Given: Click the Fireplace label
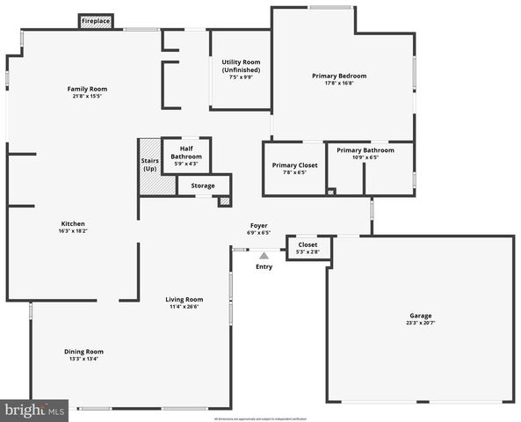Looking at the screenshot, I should pos(97,19).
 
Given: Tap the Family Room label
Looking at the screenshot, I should pos(87,89).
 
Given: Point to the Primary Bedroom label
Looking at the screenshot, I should pos(339,76).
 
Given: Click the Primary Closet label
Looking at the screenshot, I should pos(295,165).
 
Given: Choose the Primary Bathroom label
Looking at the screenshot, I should pos(365,150).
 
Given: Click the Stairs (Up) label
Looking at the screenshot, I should pos(149,164).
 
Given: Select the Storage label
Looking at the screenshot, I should pos(203,186).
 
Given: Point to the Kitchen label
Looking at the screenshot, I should pos(73,223).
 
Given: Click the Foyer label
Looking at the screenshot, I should pos(258,226).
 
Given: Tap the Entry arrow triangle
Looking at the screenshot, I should pos(264,255).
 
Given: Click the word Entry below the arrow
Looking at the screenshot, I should pos(264,266).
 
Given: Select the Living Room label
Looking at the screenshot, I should pos(185,299).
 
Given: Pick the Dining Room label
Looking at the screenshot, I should pos(83,352).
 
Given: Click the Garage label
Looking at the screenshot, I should pos(420,316).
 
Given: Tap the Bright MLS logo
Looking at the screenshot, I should pos(34,410).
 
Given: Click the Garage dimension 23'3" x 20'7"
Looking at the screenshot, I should pos(420,323).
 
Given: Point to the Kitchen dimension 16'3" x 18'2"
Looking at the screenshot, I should pos(73,230).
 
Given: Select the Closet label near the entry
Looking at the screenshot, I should pos(308,244).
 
